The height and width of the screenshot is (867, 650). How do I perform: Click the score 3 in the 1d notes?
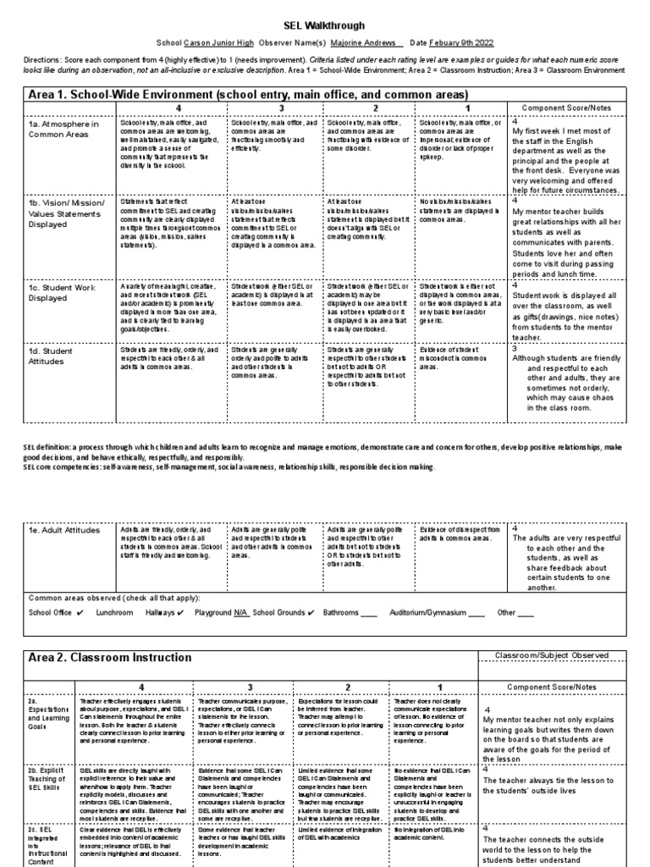[x=514, y=348]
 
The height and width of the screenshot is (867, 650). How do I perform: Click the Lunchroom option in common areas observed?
[x=114, y=611]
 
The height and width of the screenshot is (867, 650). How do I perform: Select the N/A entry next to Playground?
[x=240, y=611]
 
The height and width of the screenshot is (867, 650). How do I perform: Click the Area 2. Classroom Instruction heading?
[x=111, y=657]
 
